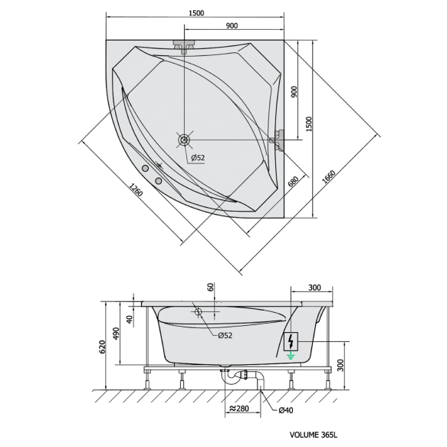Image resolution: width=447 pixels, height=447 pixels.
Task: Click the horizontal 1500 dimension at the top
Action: point(196,13)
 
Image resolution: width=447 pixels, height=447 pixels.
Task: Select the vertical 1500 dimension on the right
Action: point(309,123)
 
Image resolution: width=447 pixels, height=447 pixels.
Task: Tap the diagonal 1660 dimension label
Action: point(328,177)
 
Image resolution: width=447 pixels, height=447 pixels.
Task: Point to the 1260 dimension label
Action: point(136,190)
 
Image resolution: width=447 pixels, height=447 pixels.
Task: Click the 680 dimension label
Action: point(293,182)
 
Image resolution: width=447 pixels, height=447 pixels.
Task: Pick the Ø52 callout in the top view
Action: point(198,158)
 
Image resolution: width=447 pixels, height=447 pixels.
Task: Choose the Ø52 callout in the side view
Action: point(225,336)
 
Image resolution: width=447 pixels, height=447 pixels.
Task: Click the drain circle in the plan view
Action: point(184,140)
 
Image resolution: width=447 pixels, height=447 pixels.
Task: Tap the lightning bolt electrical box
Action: point(291,341)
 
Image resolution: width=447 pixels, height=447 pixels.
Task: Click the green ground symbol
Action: point(291,356)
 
